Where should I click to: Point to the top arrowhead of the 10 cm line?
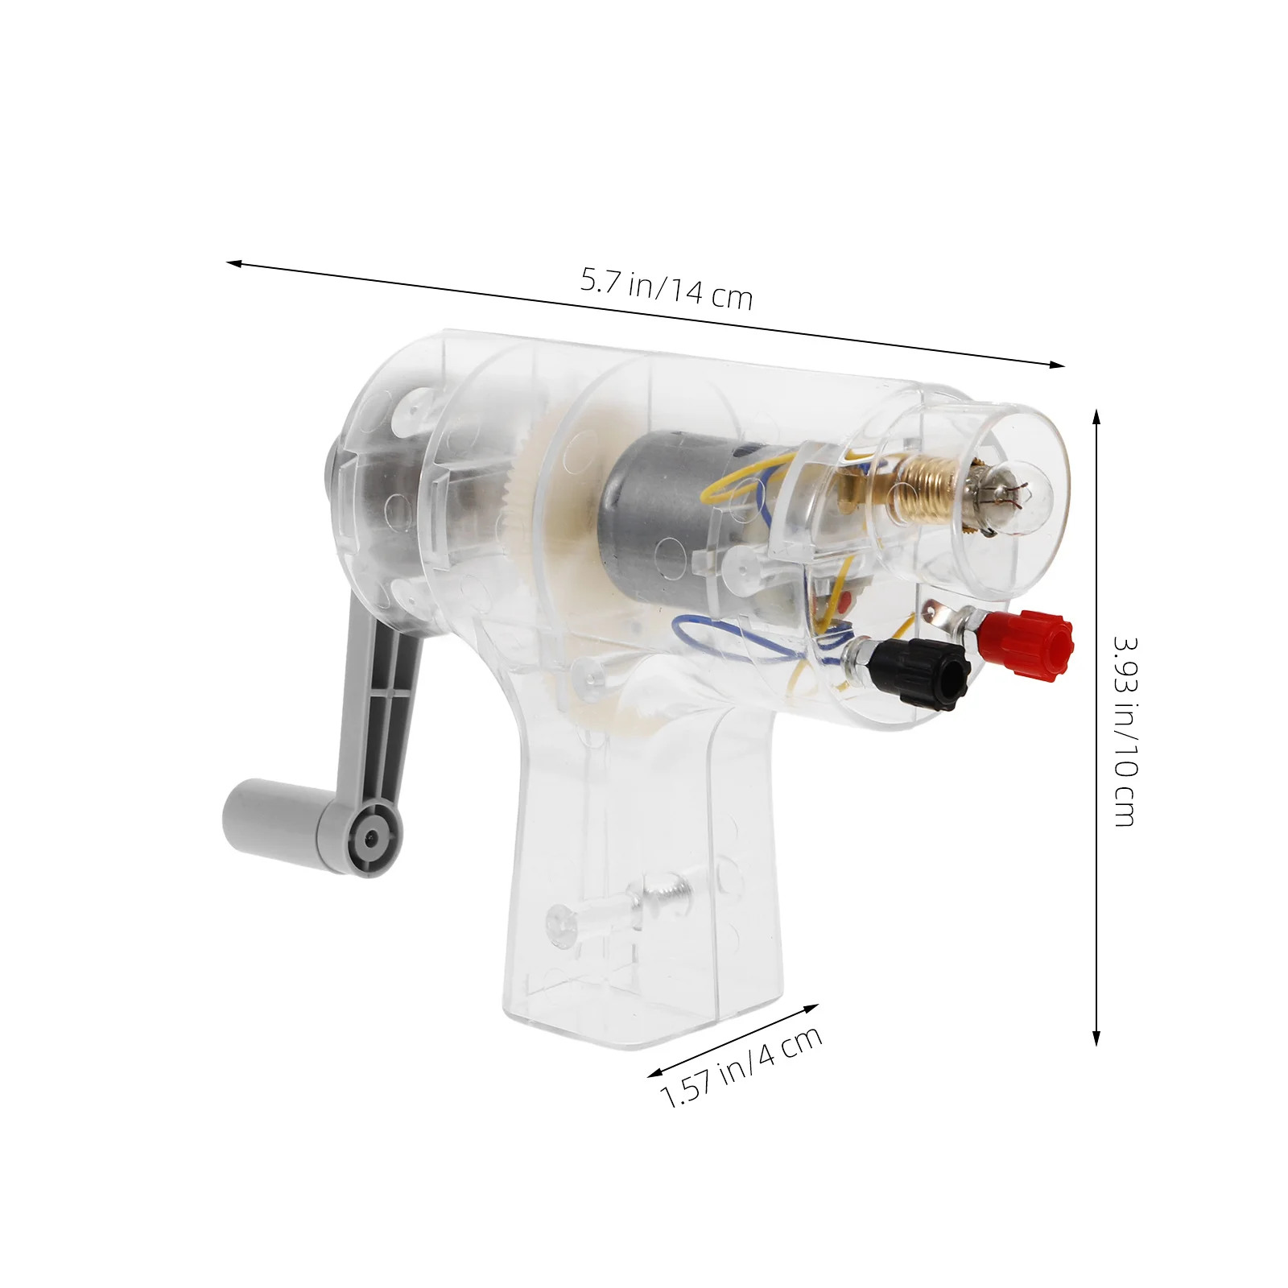coord(1096,415)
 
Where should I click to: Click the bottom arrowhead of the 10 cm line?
coord(1096,1040)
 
